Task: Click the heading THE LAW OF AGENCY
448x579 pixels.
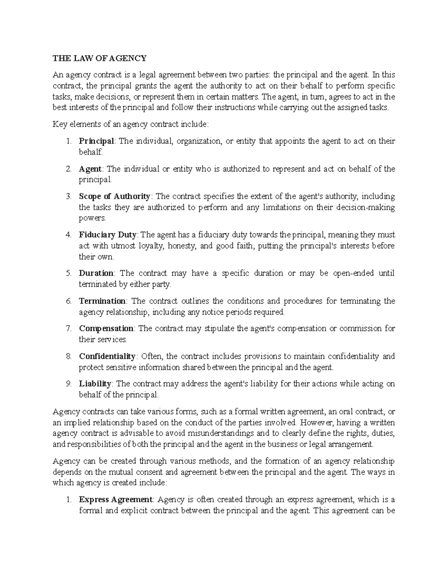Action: click(x=99, y=58)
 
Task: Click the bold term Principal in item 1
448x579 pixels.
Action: click(x=96, y=141)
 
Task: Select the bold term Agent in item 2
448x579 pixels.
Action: click(x=90, y=169)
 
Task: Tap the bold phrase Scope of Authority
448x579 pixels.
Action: click(x=114, y=196)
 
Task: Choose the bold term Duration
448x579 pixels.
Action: click(x=96, y=273)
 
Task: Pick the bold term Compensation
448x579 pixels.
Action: click(x=106, y=328)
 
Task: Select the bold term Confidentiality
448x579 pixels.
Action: click(x=107, y=356)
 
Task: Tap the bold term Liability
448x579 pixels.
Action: click(x=95, y=384)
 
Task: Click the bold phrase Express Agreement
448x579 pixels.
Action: click(x=115, y=500)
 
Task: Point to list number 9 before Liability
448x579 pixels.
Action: click(x=68, y=384)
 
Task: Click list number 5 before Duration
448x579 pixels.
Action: click(x=68, y=273)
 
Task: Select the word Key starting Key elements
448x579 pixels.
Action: click(x=59, y=124)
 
